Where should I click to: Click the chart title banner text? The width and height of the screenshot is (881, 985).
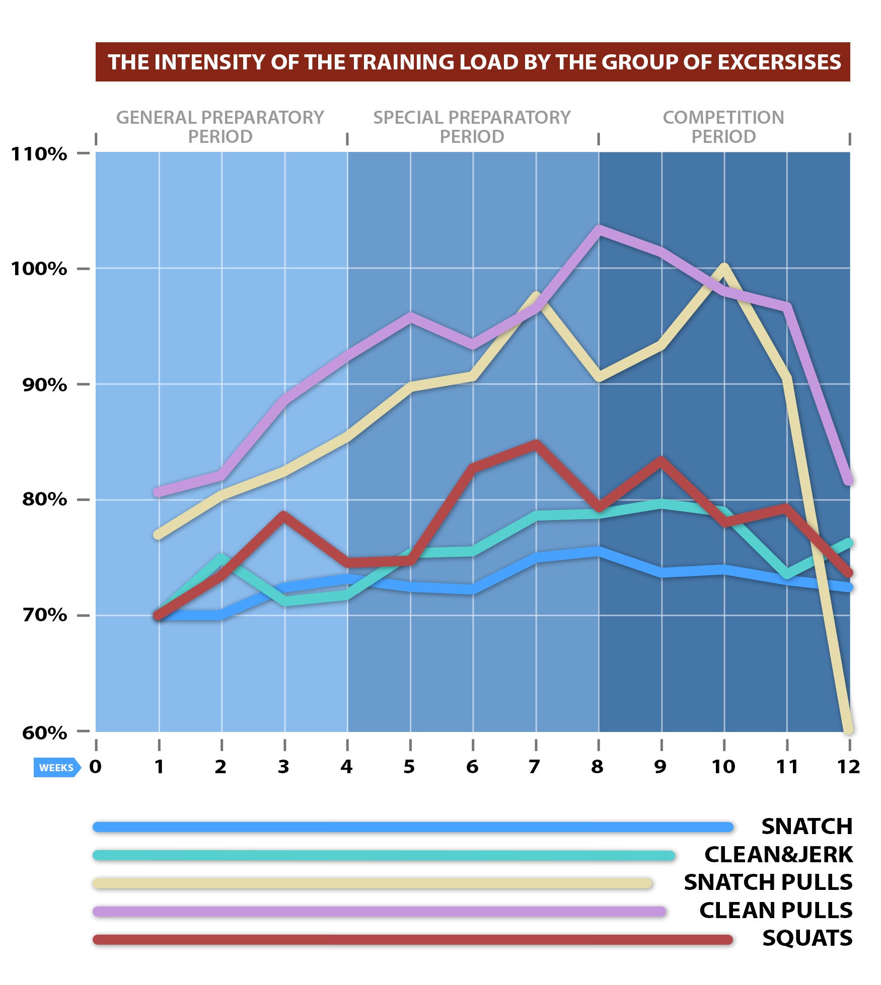tap(474, 62)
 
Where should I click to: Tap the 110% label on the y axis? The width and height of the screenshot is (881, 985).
tap(39, 154)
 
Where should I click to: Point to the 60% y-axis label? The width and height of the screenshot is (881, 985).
tap(44, 732)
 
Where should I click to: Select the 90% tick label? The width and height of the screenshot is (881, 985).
tap(44, 385)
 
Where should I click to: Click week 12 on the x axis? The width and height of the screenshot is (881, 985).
tap(848, 767)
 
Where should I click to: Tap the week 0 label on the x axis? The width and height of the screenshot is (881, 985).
tap(95, 767)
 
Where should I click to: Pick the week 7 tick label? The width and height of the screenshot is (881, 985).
tap(535, 767)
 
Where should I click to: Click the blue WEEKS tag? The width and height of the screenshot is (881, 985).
tap(56, 768)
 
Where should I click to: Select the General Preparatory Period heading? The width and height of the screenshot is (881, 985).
tap(220, 127)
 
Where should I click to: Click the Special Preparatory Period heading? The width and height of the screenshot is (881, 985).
tap(472, 127)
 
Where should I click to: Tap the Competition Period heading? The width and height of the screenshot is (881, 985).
tap(723, 127)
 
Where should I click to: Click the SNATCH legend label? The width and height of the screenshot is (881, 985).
tap(806, 827)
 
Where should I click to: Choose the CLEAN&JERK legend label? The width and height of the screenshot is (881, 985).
tap(778, 855)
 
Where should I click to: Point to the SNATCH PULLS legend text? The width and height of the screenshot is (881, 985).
tap(768, 882)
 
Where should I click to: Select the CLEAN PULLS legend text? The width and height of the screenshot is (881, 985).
tap(776, 911)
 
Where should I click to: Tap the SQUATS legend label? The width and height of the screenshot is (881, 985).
tap(807, 938)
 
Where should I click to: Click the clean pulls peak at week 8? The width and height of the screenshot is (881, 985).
tap(599, 230)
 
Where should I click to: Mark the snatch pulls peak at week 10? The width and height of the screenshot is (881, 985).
tap(724, 267)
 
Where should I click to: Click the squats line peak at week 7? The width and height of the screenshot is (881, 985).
tap(536, 444)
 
